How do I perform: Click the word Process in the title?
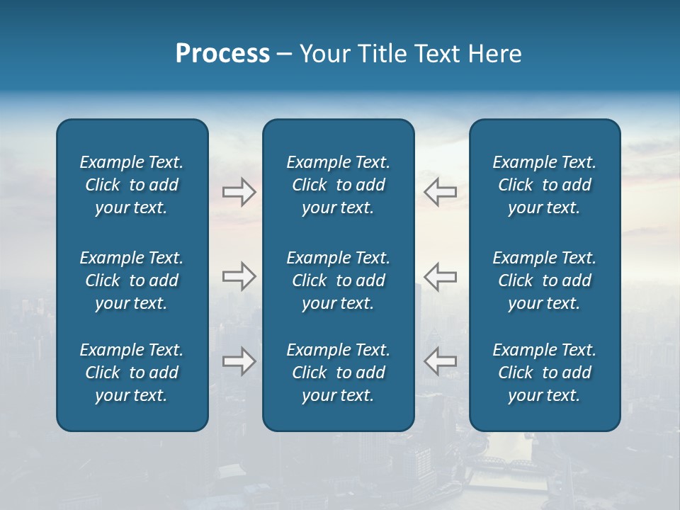pyautogui.click(x=222, y=54)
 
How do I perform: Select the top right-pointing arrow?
pyautogui.click(x=239, y=192)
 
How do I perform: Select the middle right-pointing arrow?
pyautogui.click(x=239, y=276)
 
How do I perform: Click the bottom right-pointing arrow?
pyautogui.click(x=239, y=361)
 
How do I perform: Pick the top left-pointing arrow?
pyautogui.click(x=440, y=192)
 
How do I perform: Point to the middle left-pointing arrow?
pyautogui.click(x=440, y=276)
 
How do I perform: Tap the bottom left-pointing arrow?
pyautogui.click(x=440, y=361)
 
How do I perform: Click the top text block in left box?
pyautogui.click(x=132, y=185)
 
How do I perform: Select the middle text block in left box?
pyautogui.click(x=132, y=280)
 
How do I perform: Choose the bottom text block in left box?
pyautogui.click(x=132, y=373)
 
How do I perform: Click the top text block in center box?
pyautogui.click(x=338, y=185)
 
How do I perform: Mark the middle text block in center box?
pyautogui.click(x=338, y=280)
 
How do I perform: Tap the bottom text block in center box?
pyautogui.click(x=338, y=373)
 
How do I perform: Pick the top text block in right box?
pyautogui.click(x=544, y=185)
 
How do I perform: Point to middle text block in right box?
pyautogui.click(x=544, y=280)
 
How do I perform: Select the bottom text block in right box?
pyautogui.click(x=544, y=373)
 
